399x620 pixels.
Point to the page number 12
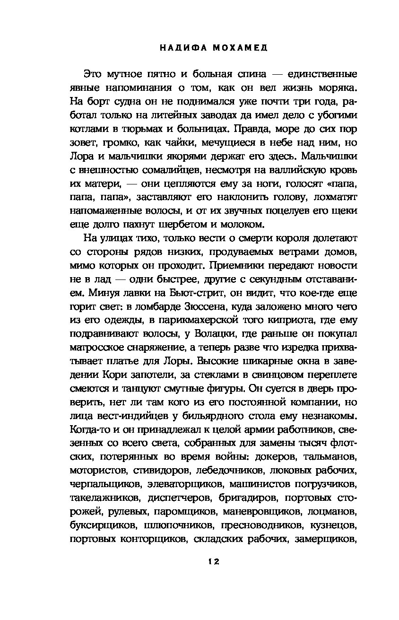point(213,562)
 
